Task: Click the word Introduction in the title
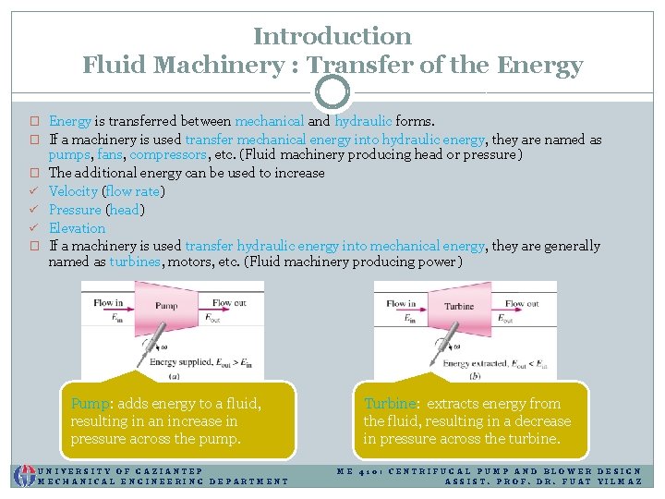click(332, 36)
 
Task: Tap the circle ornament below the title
click(332, 91)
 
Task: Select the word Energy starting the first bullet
click(69, 121)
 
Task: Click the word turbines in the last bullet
click(133, 262)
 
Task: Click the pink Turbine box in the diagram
click(460, 308)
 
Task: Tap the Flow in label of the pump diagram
click(109, 303)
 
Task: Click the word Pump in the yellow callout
click(90, 404)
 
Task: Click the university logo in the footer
click(23, 474)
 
